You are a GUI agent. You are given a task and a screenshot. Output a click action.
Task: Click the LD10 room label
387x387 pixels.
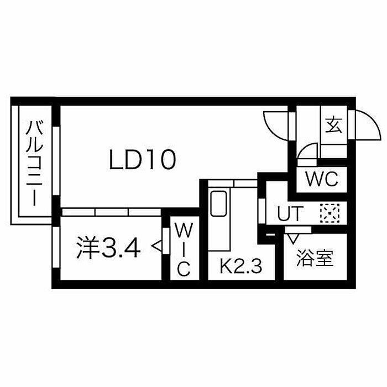tap(143, 160)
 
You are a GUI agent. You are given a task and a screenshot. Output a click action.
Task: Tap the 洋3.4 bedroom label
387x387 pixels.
tap(108, 248)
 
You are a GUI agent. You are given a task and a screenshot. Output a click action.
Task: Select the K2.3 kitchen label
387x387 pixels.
tap(240, 266)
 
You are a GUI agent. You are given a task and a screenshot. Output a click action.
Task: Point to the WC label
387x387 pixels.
tap(322, 179)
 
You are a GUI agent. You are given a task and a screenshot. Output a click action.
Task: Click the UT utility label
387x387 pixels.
tap(290, 213)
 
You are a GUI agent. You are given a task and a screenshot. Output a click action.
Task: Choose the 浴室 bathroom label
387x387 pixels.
tap(315, 258)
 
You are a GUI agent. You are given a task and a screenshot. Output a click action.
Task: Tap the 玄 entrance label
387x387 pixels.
tap(333, 124)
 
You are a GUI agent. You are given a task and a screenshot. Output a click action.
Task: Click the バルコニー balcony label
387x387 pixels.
tap(34, 164)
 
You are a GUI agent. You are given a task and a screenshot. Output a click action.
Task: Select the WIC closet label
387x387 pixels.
tap(184, 249)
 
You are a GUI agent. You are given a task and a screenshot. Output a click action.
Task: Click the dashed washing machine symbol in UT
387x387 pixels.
tap(330, 213)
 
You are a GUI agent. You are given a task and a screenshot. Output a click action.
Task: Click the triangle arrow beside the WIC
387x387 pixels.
tap(157, 246)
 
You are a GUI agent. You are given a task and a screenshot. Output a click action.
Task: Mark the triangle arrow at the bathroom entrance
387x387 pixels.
tap(293, 239)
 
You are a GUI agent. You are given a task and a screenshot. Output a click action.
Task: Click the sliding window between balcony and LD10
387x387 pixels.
tap(56, 161)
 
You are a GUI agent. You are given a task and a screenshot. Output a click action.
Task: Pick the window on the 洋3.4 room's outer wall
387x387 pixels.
tap(56, 247)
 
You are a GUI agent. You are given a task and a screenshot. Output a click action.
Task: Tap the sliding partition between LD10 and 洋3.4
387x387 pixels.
tap(112, 212)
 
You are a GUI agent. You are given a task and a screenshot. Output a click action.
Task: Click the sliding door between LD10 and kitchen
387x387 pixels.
tap(233, 184)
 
